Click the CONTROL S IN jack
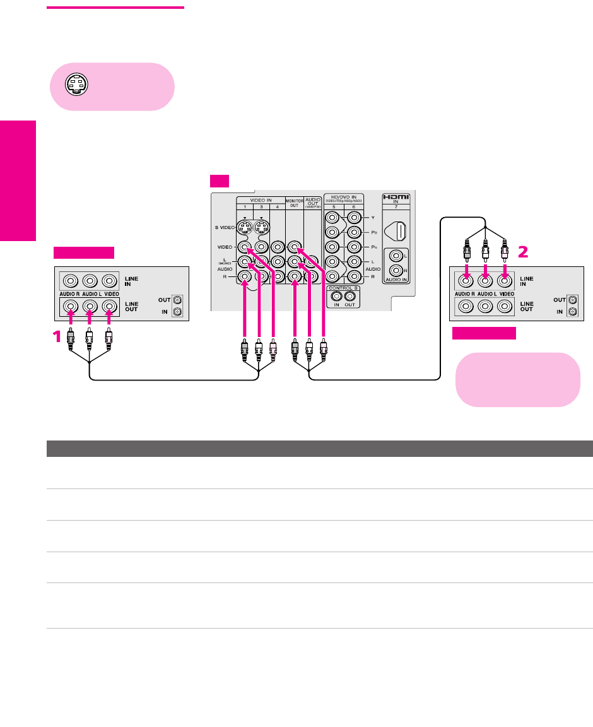[338, 295]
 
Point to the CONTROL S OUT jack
[349, 295]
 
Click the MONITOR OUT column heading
[295, 203]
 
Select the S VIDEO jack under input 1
[246, 228]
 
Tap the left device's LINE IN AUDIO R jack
[69, 280]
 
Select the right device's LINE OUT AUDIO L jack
[484, 306]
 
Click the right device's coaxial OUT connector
[573, 300]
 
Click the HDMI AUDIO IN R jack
[396, 271]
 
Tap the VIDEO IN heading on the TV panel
[259, 199]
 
